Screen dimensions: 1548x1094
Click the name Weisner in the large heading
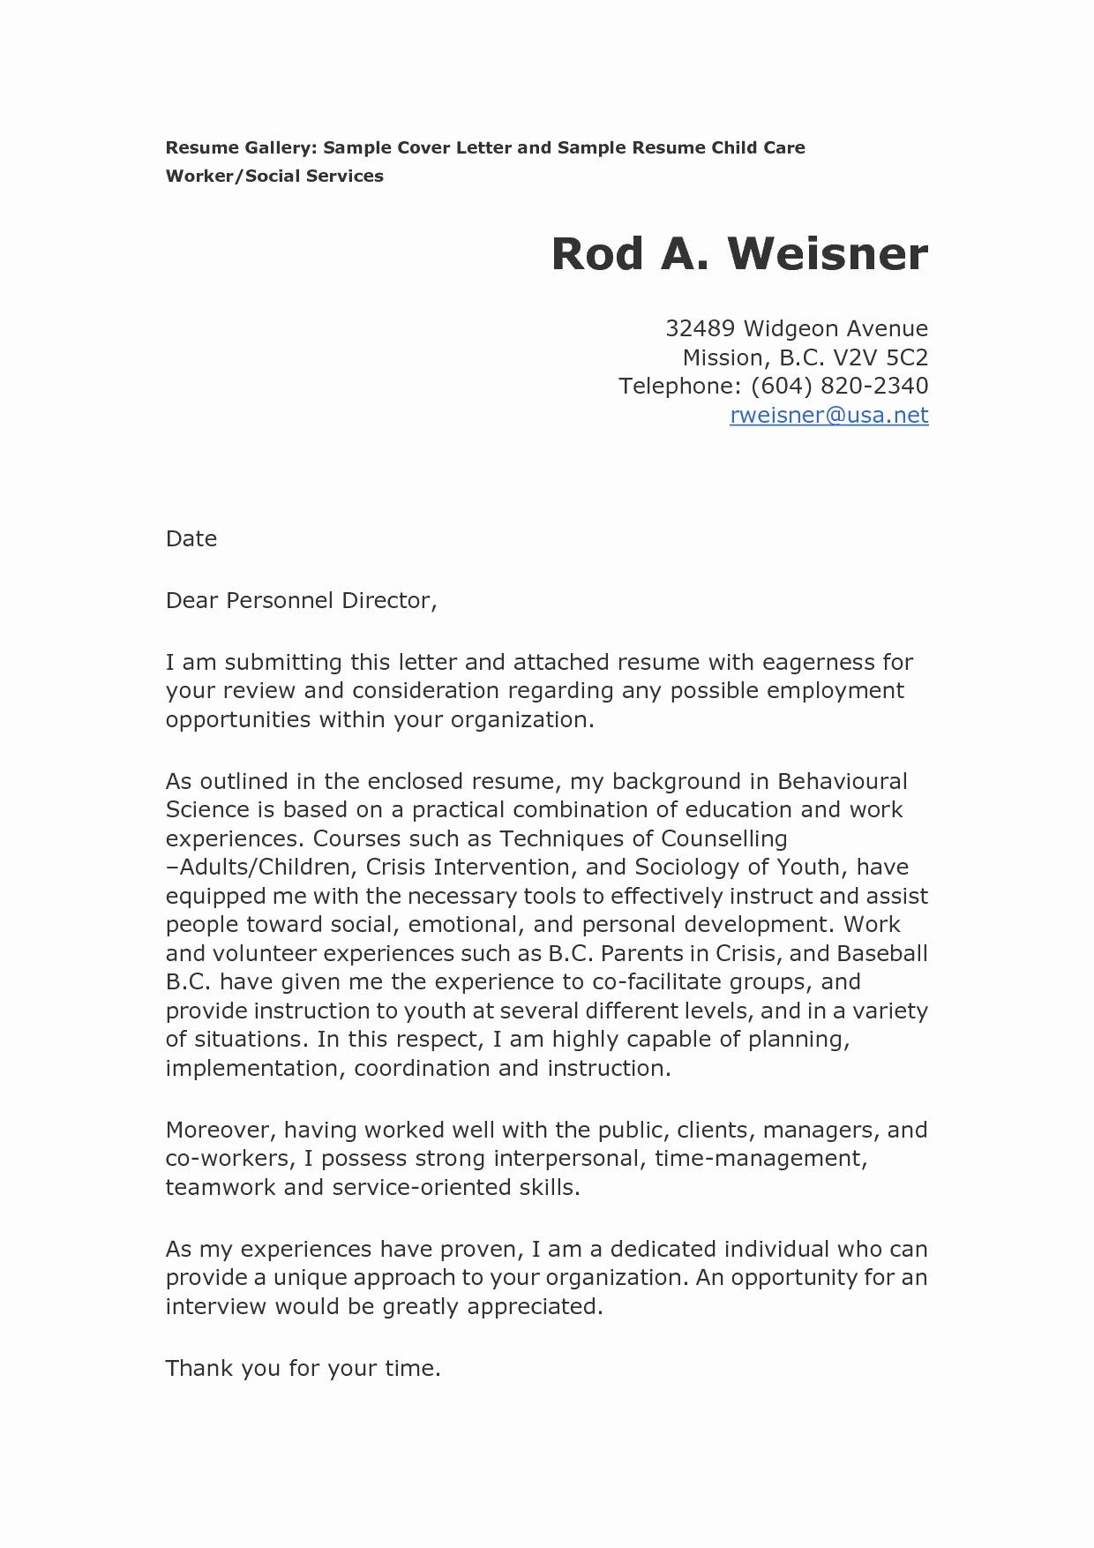[828, 255]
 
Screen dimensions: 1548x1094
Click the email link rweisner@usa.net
[828, 415]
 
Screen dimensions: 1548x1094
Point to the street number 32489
[700, 329]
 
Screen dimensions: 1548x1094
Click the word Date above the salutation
[191, 539]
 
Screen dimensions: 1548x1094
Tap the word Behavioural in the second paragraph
[842, 782]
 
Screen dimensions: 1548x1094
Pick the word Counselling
[723, 839]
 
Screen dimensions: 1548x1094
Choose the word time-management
[761, 1159]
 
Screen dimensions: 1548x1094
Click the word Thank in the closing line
[199, 1369]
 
